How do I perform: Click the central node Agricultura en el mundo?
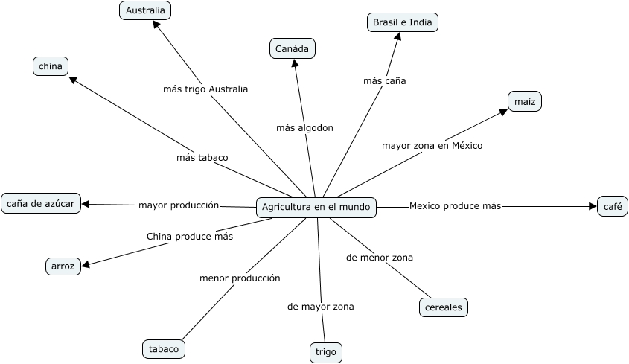click(316, 208)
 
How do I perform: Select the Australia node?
click(145, 10)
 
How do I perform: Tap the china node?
click(51, 66)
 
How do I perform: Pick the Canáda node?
click(293, 49)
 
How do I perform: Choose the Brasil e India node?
click(403, 22)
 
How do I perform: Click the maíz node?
click(524, 101)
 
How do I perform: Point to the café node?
click(612, 206)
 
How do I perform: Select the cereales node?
click(443, 307)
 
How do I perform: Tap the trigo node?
click(325, 352)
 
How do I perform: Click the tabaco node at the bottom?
click(163, 348)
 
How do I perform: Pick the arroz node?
click(63, 266)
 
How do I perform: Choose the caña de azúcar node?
click(41, 202)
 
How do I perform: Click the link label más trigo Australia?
click(205, 89)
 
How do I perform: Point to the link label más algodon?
click(304, 127)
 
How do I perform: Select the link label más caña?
click(384, 80)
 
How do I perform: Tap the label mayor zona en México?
click(432, 145)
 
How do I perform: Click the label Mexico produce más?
click(456, 205)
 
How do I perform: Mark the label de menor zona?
click(380, 258)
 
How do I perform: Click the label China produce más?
click(190, 236)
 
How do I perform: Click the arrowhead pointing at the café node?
click(593, 206)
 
